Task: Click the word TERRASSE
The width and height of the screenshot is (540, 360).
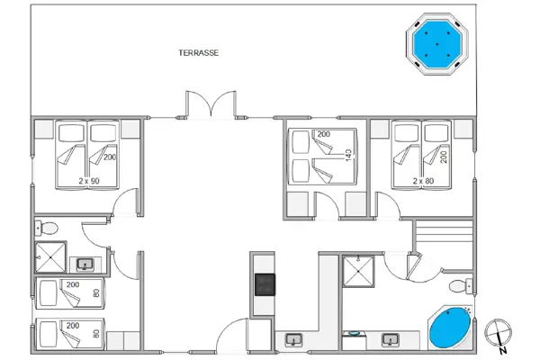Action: click(x=199, y=53)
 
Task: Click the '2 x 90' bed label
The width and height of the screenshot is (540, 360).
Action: click(x=88, y=181)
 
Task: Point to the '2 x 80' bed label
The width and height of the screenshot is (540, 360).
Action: click(x=423, y=181)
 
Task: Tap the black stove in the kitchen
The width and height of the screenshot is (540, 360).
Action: click(x=265, y=284)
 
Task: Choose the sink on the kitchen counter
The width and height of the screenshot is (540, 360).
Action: click(x=293, y=340)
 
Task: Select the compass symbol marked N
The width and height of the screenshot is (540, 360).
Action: click(x=498, y=334)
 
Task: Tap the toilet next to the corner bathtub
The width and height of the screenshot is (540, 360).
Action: click(x=460, y=287)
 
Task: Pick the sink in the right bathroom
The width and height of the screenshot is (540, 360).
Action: click(x=416, y=339)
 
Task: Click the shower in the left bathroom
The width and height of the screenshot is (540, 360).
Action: click(x=51, y=257)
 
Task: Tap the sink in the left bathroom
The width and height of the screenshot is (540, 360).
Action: click(x=85, y=265)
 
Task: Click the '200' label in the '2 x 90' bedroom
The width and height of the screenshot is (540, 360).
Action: click(x=111, y=157)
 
